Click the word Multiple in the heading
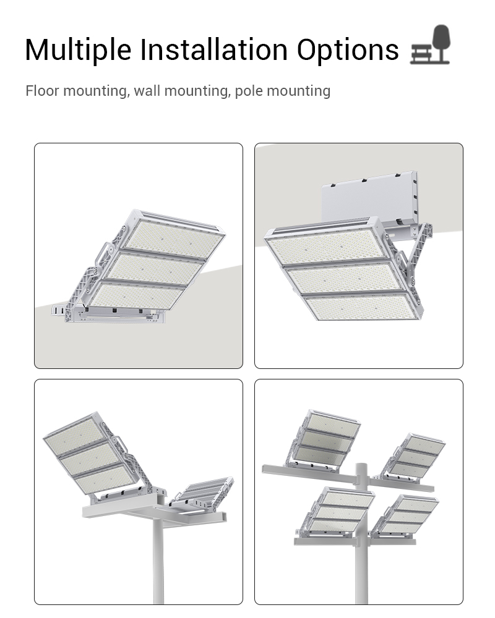78,50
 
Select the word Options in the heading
348,50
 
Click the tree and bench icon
430,44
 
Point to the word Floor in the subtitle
43,91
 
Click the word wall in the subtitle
147,91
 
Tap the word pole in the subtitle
249,91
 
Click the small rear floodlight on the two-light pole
203,493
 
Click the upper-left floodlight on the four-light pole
324,440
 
